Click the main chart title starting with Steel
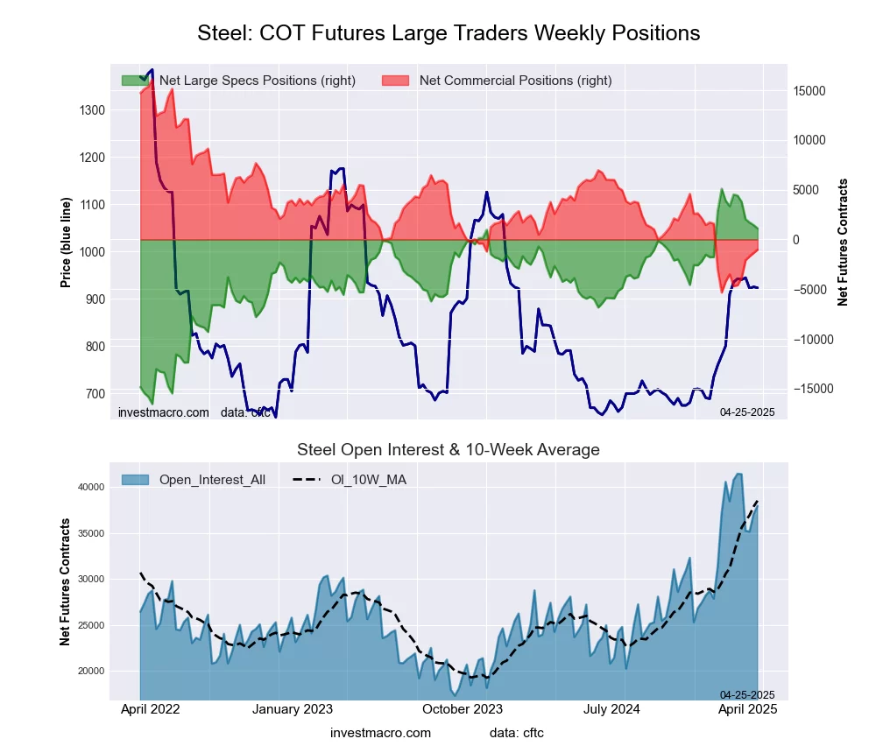point(449,33)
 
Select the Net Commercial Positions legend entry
point(515,81)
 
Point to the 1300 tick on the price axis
point(93,110)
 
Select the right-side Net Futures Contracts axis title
point(844,242)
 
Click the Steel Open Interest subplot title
point(449,450)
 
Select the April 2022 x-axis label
point(149,709)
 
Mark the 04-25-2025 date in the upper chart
point(747,411)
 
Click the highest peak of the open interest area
point(738,474)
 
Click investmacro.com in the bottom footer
point(380,733)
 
